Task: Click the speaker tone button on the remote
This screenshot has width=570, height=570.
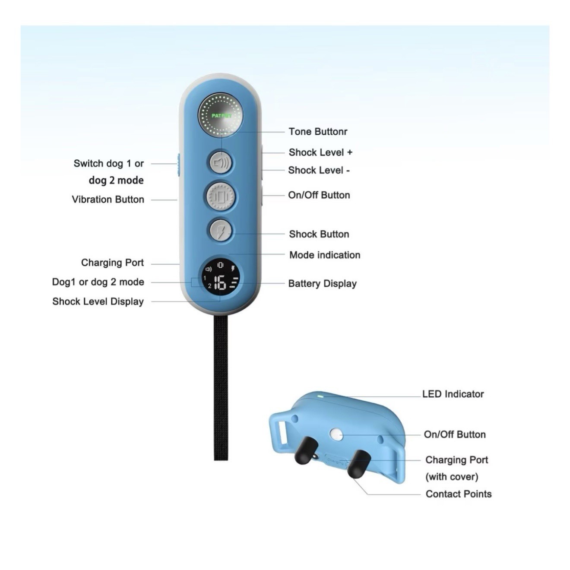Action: click(x=221, y=163)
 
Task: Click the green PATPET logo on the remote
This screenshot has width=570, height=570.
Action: click(x=221, y=116)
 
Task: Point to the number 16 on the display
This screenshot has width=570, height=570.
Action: click(x=220, y=283)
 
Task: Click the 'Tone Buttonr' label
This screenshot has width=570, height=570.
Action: click(x=318, y=132)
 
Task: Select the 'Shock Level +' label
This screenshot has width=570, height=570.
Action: click(x=320, y=152)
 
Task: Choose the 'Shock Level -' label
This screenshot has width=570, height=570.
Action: click(x=319, y=171)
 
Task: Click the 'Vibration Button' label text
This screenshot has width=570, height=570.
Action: click(x=108, y=199)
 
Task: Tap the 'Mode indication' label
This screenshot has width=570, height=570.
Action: click(x=325, y=255)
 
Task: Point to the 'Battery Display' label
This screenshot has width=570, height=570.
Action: click(x=322, y=284)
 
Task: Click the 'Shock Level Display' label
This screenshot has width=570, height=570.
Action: click(x=98, y=301)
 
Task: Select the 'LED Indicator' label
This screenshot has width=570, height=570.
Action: click(x=453, y=394)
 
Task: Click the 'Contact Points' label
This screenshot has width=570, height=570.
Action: click(x=459, y=494)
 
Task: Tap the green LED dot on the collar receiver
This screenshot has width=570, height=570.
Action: click(x=320, y=395)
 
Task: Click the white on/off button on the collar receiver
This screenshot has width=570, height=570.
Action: click(x=336, y=434)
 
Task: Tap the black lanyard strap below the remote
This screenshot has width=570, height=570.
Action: click(x=221, y=389)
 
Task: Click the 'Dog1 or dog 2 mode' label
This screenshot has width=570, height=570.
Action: click(x=98, y=282)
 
